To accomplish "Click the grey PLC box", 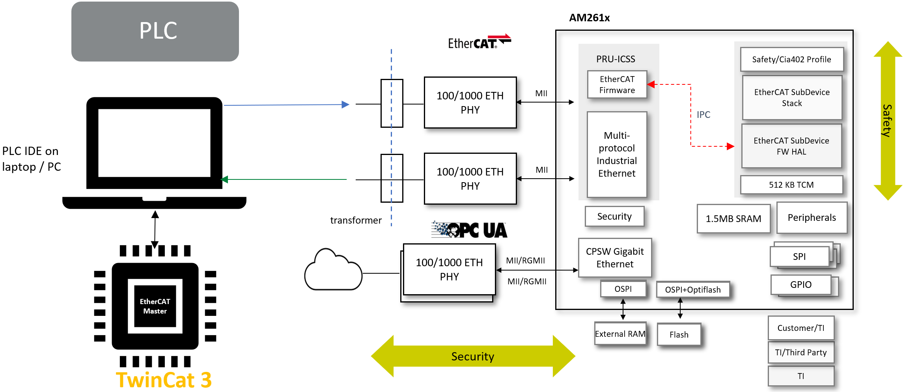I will (155, 31).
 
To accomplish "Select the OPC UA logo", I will (469, 230).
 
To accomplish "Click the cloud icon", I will (333, 271).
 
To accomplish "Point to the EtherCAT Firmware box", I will (617, 84).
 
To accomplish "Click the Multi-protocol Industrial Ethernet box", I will (617, 154).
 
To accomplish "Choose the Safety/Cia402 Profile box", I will (791, 60).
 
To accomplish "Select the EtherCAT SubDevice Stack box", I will (791, 97).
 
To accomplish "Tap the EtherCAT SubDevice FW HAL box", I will (791, 146).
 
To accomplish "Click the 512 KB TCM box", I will (791, 185).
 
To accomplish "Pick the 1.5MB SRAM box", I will (733, 218).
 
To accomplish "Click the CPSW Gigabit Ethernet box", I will (614, 258).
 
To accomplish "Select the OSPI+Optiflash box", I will (692, 289).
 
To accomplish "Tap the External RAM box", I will (620, 334).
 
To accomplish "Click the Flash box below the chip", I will (679, 334).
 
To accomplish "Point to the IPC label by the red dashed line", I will (703, 114).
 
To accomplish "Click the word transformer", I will (356, 220).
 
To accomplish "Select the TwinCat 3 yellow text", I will (164, 380).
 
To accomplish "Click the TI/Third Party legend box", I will (801, 352).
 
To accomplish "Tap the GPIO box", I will (801, 284).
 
